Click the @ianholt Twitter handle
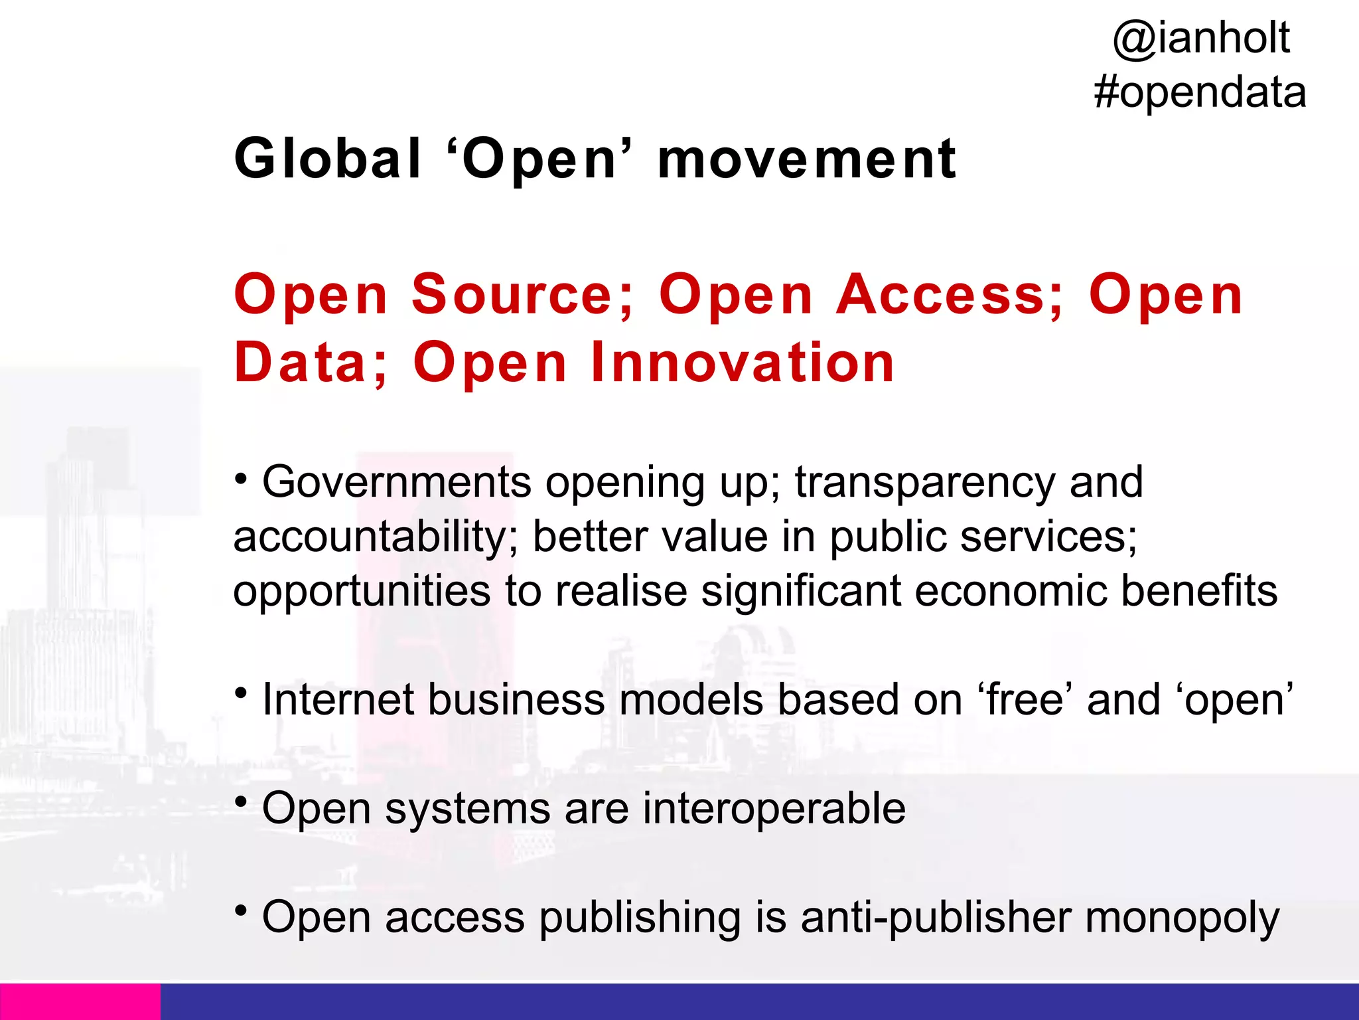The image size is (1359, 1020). coord(1201,39)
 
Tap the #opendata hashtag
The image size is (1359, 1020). coord(1200,93)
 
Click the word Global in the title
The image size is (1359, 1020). coord(328,159)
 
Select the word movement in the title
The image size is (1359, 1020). coord(806,160)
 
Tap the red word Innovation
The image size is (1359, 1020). coord(743,363)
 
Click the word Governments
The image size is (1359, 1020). coord(397,482)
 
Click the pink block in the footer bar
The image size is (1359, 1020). coord(80,1001)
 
